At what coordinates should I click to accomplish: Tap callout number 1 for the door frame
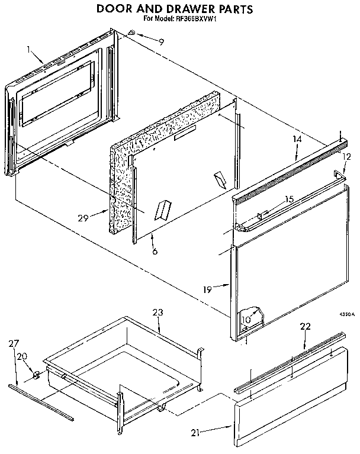coord(28,50)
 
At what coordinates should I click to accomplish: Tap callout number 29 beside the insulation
coord(83,218)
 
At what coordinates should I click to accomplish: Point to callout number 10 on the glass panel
coord(247,320)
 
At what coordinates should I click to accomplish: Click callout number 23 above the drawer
coord(157,312)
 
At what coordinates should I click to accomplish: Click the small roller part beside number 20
coord(36,374)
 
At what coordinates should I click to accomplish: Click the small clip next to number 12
coord(339,173)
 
